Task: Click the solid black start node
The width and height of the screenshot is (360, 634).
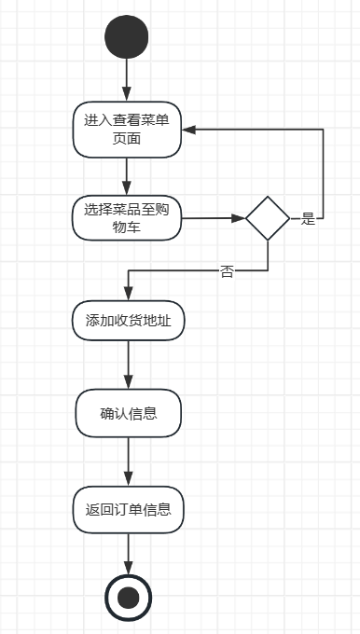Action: [x=126, y=36]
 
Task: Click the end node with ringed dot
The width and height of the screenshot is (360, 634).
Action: [x=128, y=598]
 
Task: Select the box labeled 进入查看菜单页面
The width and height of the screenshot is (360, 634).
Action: [x=127, y=130]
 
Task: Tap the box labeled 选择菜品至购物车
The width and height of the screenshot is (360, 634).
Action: [x=127, y=218]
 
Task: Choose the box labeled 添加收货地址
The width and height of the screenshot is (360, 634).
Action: [x=128, y=321]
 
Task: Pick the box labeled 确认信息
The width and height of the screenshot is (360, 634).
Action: [x=128, y=413]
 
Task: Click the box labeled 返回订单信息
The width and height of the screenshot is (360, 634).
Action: [x=128, y=509]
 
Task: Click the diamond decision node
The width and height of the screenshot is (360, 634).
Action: [x=268, y=218]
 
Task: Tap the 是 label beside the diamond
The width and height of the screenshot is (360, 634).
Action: [x=308, y=219]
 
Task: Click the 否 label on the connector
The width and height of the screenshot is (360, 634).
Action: [x=227, y=271]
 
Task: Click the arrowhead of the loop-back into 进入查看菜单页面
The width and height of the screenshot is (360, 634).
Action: [x=189, y=130]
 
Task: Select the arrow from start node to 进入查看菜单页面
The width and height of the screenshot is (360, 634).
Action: [x=127, y=80]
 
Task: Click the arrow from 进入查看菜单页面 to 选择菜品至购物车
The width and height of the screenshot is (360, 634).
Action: [x=127, y=177]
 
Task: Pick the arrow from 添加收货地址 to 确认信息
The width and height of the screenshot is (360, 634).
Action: [x=128, y=365]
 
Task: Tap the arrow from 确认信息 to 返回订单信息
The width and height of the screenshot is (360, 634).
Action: [x=128, y=462]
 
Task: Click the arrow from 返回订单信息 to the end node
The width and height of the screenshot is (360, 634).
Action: [x=128, y=554]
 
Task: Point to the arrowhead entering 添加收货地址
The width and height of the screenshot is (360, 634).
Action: [x=128, y=293]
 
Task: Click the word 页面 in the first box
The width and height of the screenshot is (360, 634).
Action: [x=127, y=139]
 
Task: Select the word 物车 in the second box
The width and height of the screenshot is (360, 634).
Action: [x=127, y=227]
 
